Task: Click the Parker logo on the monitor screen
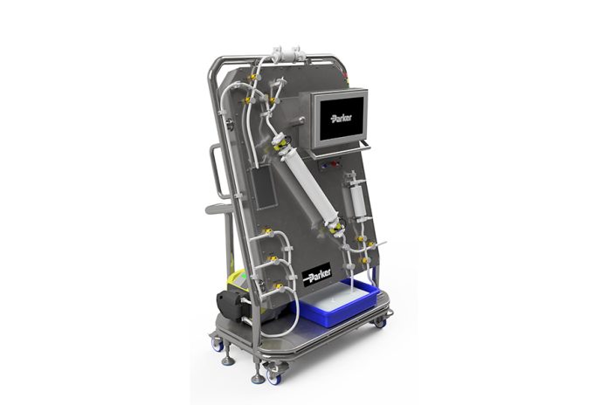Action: pyautogui.click(x=342, y=118)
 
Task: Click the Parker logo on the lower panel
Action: pyautogui.click(x=317, y=274)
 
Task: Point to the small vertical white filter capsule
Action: pyautogui.click(x=356, y=200)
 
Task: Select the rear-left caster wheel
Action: pyautogui.click(x=218, y=344)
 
